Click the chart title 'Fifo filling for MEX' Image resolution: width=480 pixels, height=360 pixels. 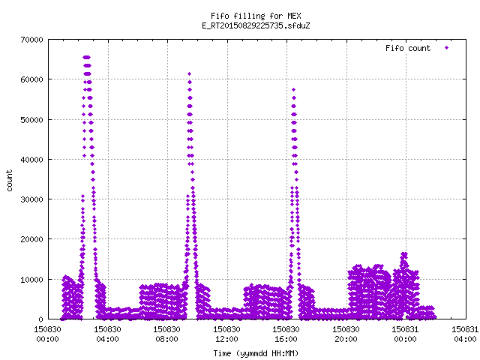(256, 16)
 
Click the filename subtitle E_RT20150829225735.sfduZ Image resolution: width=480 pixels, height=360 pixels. (256, 25)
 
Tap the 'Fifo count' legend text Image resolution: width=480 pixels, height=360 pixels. (408, 48)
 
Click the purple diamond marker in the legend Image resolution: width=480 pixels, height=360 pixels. (447, 48)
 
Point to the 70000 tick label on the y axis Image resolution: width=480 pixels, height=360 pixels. (31, 40)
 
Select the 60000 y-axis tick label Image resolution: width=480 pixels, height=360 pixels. (31, 79)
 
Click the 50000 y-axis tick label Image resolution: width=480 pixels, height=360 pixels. (31, 120)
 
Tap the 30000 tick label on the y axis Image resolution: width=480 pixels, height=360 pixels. (31, 199)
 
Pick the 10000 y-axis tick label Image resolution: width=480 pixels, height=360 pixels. (31, 280)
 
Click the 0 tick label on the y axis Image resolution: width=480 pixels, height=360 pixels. (40, 319)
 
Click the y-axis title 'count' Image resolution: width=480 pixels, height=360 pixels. (10, 181)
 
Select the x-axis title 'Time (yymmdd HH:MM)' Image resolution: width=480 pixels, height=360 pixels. (256, 353)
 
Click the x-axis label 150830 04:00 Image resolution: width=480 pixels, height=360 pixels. (107, 334)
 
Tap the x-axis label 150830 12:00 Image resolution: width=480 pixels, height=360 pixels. (226, 334)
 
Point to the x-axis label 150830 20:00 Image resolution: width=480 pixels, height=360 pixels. (346, 334)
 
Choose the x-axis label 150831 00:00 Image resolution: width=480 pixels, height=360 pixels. (405, 334)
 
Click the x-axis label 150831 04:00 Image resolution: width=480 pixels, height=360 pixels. (465, 334)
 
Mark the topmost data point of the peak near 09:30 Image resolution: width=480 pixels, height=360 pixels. (190, 73)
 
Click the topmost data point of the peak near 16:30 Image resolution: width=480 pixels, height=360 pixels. (293, 90)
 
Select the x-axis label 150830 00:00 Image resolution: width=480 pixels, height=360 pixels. (47, 334)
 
